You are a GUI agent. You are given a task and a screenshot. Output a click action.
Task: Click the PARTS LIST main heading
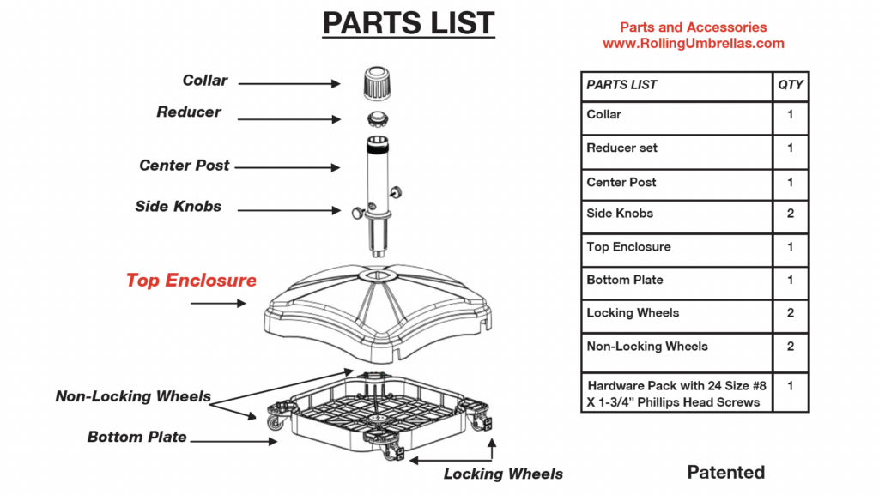click(x=409, y=23)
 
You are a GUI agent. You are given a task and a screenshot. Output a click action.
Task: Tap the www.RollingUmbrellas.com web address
click(x=693, y=43)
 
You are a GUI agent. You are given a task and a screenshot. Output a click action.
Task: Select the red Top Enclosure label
click(x=191, y=281)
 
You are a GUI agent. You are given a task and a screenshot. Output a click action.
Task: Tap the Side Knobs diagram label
click(x=178, y=207)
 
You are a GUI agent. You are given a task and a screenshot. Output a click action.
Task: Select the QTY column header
click(x=790, y=85)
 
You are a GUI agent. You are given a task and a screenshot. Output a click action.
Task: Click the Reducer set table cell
click(x=676, y=148)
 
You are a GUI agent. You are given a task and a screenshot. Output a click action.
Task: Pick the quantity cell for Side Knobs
click(x=790, y=214)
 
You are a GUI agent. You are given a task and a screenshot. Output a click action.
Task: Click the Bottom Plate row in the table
click(x=676, y=281)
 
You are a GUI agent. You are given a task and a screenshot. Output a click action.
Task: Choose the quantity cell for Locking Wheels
click(x=790, y=313)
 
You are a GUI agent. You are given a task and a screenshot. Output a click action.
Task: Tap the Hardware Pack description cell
click(x=676, y=393)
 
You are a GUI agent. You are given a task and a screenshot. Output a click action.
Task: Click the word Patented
click(x=725, y=472)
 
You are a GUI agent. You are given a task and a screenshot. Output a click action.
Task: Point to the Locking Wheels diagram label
click(x=503, y=474)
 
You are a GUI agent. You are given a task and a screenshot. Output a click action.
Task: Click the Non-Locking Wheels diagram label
click(x=133, y=396)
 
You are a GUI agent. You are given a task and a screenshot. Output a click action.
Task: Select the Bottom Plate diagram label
click(x=136, y=438)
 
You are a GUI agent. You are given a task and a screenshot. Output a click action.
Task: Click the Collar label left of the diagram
click(x=205, y=81)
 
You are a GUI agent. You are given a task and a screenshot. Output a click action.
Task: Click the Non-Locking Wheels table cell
click(x=676, y=347)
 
